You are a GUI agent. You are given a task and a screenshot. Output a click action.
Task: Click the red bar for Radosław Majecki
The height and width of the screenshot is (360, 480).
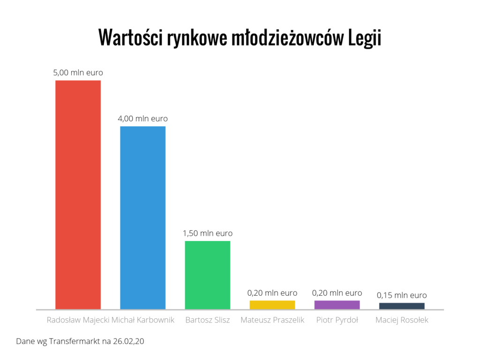click(x=78, y=195)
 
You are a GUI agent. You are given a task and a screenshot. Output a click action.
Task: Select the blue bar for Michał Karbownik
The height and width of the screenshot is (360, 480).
click(x=142, y=217)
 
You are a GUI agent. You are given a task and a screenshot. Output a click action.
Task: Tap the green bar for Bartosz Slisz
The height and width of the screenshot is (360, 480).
click(x=207, y=275)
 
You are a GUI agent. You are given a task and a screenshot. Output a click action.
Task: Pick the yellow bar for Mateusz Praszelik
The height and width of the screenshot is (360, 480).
click(x=272, y=305)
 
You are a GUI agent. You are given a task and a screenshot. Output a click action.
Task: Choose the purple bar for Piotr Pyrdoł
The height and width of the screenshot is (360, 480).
click(x=337, y=305)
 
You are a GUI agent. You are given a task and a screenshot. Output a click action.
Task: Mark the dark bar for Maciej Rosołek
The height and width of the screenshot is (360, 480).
click(x=402, y=306)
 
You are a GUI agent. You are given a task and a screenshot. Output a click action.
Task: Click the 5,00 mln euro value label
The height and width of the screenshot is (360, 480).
click(x=78, y=73)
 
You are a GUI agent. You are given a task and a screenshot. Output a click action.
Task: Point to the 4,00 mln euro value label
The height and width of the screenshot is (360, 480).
click(x=142, y=119)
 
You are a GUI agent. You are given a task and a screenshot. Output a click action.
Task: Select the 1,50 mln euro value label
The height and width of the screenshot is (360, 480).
click(x=207, y=233)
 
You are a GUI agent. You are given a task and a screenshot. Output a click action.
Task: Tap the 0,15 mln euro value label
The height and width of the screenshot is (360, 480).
click(x=402, y=295)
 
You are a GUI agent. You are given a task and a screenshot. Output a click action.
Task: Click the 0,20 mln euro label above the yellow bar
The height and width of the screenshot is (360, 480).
click(x=272, y=293)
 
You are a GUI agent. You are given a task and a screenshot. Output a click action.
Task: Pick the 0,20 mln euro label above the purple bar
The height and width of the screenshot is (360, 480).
click(x=337, y=293)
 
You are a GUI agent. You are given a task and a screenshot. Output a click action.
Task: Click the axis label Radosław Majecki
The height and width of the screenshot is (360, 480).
click(x=78, y=321)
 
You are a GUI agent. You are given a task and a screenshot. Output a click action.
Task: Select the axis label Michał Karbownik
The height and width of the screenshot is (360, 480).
click(x=143, y=321)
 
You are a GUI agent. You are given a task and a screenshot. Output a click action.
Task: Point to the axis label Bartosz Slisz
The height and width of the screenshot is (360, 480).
click(x=207, y=321)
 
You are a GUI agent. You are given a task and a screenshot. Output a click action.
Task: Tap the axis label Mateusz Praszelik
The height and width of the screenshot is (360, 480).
click(x=272, y=321)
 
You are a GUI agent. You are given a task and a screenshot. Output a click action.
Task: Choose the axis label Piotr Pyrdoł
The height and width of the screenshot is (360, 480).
click(x=337, y=321)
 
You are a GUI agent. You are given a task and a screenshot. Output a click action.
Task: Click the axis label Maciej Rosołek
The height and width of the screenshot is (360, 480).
click(x=402, y=321)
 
